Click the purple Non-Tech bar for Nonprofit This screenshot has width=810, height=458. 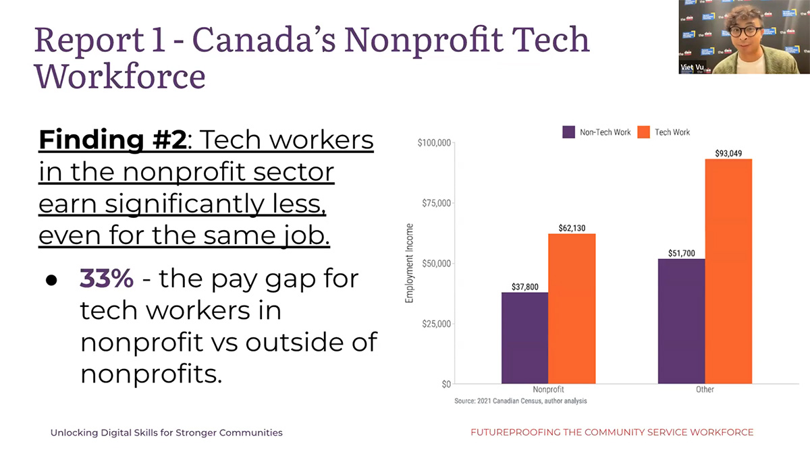[524, 337]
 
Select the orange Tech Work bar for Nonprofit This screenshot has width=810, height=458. [571, 308]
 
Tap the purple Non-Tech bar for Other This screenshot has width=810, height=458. [681, 321]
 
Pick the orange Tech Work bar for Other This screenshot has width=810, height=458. [728, 271]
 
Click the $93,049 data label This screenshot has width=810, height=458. [728, 153]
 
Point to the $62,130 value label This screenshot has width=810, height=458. [572, 228]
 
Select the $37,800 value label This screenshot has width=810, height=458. [524, 287]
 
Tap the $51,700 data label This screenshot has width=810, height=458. [681, 253]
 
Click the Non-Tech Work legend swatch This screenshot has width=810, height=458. [568, 132]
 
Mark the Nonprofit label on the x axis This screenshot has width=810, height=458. [548, 389]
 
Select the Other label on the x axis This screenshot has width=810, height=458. [705, 389]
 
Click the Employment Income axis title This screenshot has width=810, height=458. [409, 263]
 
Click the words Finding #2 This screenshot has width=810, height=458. [112, 140]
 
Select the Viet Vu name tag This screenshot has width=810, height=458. [693, 67]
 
